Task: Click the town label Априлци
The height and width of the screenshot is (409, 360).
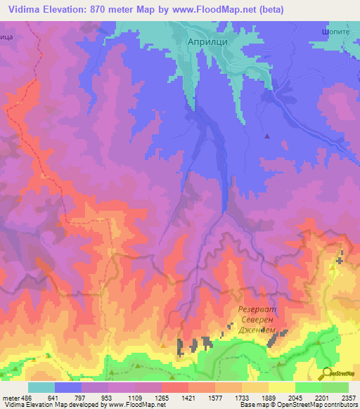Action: pos(205,41)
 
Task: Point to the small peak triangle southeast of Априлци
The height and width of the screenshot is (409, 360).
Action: pos(266,136)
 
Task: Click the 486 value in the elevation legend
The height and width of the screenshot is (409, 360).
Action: pos(27,397)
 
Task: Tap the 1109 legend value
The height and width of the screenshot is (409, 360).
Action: pos(135,397)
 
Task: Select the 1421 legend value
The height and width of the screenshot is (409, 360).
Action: pos(188,397)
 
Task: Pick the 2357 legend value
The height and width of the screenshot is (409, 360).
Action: pos(349,397)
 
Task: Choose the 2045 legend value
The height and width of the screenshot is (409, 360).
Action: pos(295,397)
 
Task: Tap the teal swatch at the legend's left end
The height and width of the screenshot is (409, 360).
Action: pos(41,387)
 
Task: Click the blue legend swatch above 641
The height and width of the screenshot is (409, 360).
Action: pos(67,387)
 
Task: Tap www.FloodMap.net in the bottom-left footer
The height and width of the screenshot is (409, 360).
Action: pos(125,405)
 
